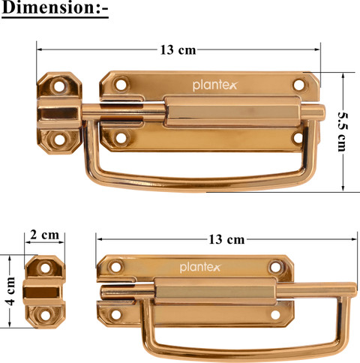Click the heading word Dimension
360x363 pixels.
(47, 7)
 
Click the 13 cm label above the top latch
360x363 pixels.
(178, 49)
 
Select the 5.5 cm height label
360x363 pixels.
(342, 132)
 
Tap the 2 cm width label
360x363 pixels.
(44, 235)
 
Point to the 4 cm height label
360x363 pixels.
(10, 291)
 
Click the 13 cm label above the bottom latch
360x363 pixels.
(226, 239)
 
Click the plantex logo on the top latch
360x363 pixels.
(214, 85)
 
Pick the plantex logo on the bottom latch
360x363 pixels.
(200, 268)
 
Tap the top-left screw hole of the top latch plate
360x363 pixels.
(121, 85)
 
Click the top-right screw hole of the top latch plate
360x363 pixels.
(298, 85)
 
